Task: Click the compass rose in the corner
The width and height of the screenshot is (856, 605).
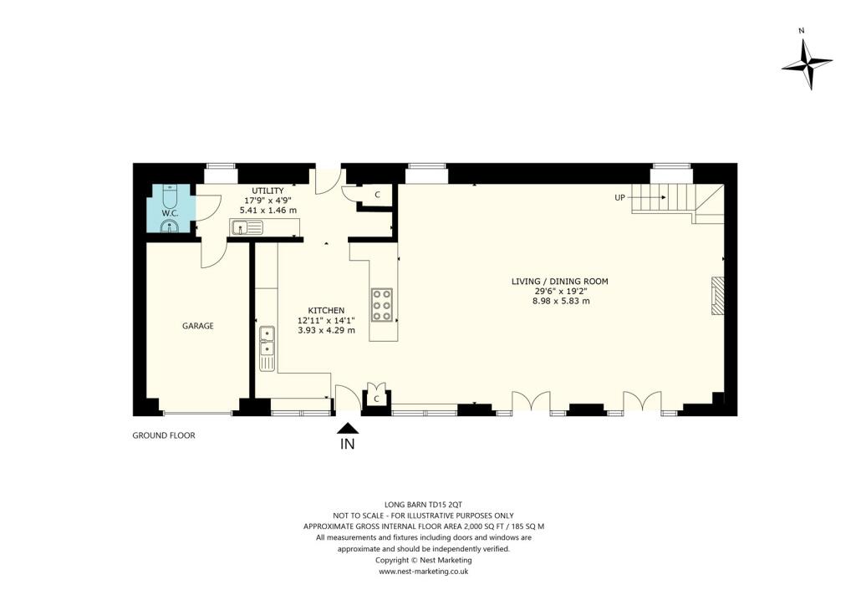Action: [806, 64]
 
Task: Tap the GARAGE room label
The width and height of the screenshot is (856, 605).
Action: [198, 326]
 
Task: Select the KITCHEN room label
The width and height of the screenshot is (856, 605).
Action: [326, 310]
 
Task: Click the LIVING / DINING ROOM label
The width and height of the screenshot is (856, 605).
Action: [560, 282]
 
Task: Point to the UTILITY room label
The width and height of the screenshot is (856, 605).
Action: [268, 191]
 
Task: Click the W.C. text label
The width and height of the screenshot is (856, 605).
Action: [170, 212]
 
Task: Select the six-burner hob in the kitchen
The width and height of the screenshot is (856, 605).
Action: [382, 305]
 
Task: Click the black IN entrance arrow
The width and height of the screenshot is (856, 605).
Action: [347, 428]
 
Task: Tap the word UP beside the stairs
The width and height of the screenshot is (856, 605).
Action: [621, 198]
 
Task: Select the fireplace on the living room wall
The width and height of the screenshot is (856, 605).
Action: [717, 296]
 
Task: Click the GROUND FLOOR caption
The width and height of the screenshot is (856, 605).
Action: [164, 435]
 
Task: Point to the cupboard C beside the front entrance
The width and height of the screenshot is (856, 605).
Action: [377, 399]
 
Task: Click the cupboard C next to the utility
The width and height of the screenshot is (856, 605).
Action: [377, 195]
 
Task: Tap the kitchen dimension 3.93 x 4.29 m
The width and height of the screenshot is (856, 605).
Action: [326, 330]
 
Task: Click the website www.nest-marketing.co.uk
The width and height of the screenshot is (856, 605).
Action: [424, 572]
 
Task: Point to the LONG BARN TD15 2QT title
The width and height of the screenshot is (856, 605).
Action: [424, 505]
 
